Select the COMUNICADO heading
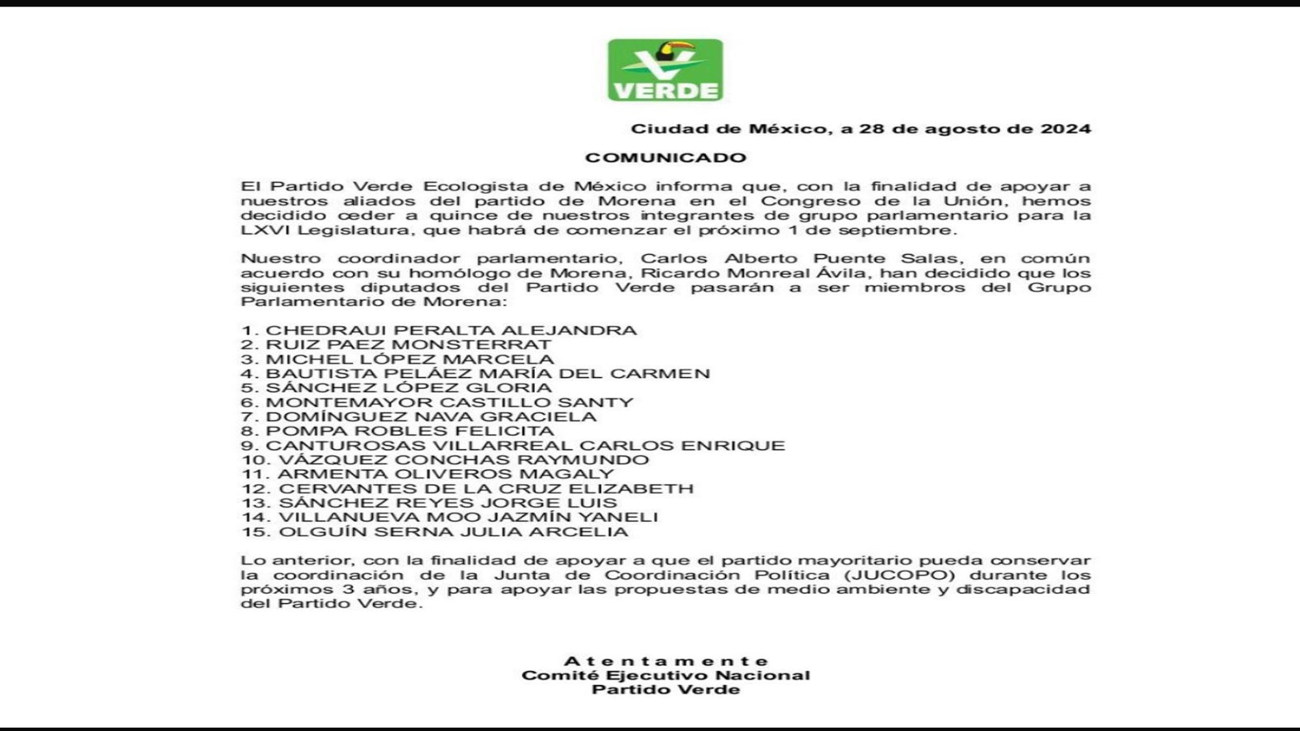coord(666,158)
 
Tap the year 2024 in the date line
coord(1065,129)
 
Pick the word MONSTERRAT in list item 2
coord(471,345)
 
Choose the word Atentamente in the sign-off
coord(666,661)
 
